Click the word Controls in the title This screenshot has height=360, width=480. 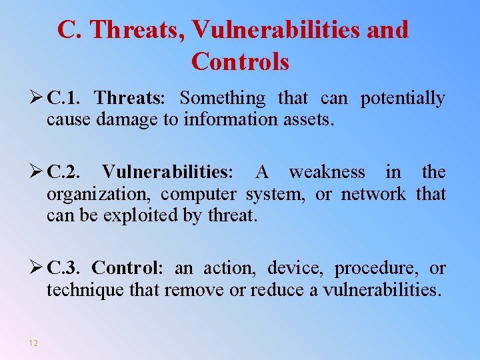click(240, 61)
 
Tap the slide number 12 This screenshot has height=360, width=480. click(33, 343)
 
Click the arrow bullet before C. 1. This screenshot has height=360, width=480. click(37, 99)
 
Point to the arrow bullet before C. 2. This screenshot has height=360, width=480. click(37, 172)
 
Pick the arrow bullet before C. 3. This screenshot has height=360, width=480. click(37, 268)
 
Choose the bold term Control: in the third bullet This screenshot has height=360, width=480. click(127, 268)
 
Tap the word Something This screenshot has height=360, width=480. click(223, 99)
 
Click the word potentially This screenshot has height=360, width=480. click(403, 99)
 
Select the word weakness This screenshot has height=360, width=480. click(327, 172)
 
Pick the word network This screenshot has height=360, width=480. click(373, 194)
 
